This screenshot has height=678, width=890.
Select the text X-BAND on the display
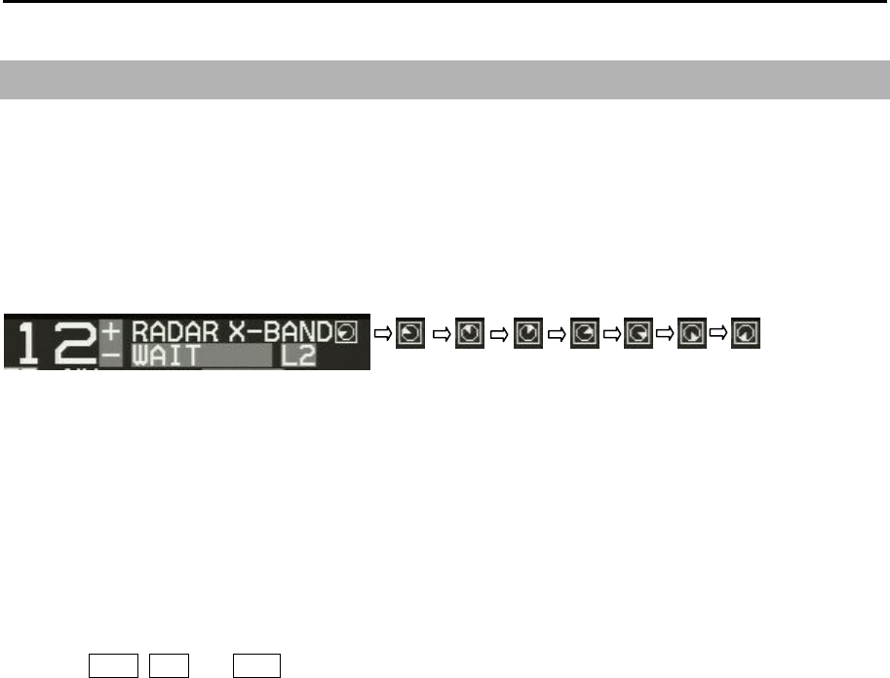pyautogui.click(x=280, y=332)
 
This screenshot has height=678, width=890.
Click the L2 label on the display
pyautogui.click(x=298, y=356)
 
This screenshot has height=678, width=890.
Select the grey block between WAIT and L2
pyautogui.click(x=236, y=357)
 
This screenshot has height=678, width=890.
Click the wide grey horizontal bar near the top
pyautogui.click(x=445, y=79)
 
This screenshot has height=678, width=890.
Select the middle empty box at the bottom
pyautogui.click(x=162, y=665)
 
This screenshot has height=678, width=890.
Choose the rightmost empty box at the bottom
pyautogui.click(x=255, y=665)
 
